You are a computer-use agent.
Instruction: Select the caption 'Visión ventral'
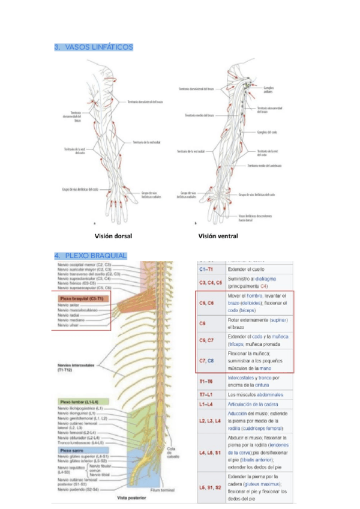[x=218, y=236]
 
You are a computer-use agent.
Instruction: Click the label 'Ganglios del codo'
[x=267, y=132]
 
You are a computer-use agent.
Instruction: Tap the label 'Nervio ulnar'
[x=68, y=327]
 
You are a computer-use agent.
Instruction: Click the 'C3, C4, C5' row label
[x=210, y=282]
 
